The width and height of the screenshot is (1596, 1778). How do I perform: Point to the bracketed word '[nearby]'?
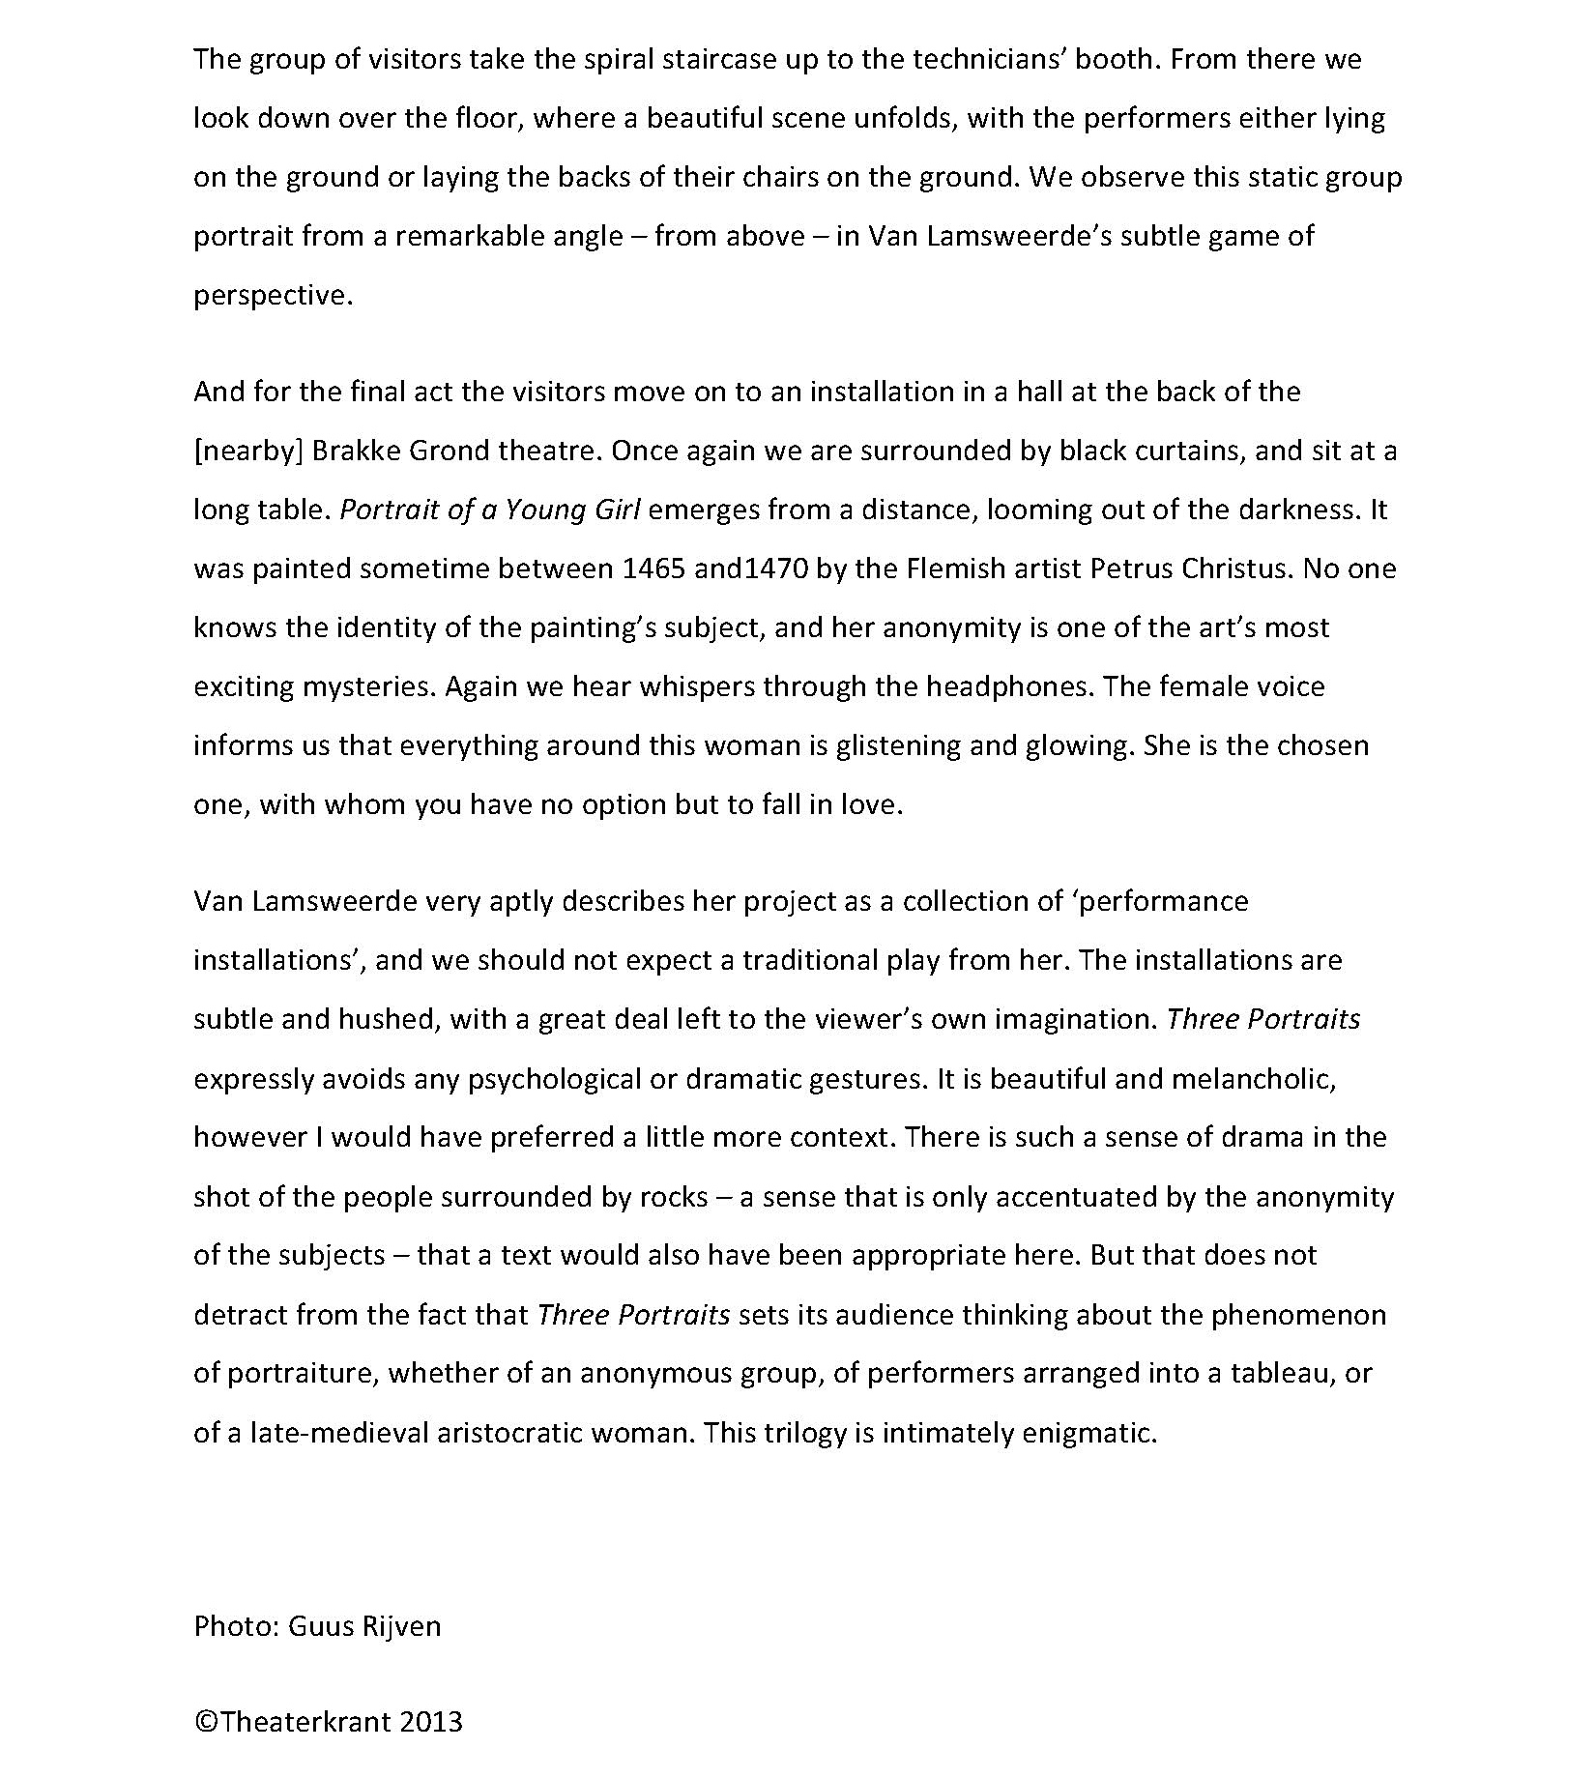tap(248, 452)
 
